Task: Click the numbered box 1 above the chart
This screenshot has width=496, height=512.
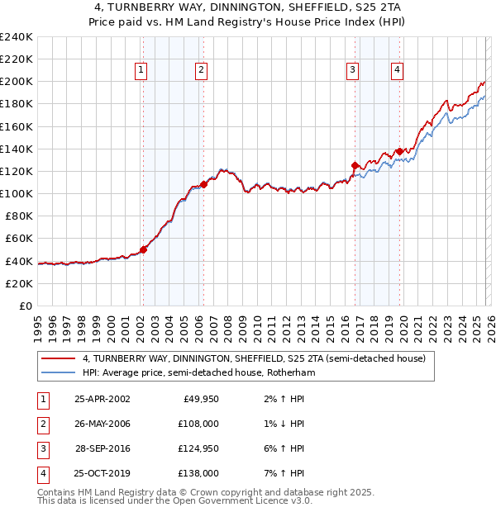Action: [x=141, y=71]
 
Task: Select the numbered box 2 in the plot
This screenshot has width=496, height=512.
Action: [x=201, y=71]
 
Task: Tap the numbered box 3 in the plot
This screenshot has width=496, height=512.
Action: [x=352, y=71]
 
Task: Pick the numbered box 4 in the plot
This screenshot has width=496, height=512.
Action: [x=398, y=71]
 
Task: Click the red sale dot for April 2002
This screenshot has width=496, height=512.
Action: [x=143, y=249]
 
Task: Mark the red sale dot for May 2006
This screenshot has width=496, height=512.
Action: [x=203, y=184]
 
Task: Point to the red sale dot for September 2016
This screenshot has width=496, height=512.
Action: [x=355, y=165]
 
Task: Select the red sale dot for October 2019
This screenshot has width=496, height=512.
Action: [x=399, y=151]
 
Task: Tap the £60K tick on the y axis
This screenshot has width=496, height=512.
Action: [x=18, y=238]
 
